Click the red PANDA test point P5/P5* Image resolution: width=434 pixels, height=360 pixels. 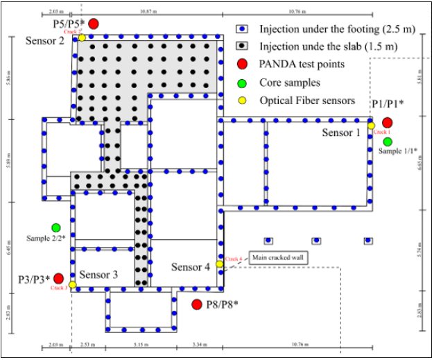pyautogui.click(x=94, y=24)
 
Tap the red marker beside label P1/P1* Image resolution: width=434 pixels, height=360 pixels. pyautogui.click(x=387, y=123)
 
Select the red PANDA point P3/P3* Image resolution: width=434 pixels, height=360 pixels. pyautogui.click(x=58, y=278)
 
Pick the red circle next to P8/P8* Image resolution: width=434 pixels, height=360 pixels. pyautogui.click(x=196, y=305)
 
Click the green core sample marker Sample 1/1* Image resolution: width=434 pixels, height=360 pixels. pyautogui.click(x=387, y=142)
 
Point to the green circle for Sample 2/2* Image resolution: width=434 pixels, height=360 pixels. pyautogui.click(x=55, y=228)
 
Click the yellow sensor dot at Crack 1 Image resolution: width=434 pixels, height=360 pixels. pyautogui.click(x=371, y=126)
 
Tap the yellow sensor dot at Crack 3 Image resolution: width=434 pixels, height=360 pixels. pyautogui.click(x=73, y=284)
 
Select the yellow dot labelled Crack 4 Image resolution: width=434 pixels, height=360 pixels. pyautogui.click(x=219, y=264)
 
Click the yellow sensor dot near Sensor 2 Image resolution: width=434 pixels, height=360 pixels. pyautogui.click(x=82, y=37)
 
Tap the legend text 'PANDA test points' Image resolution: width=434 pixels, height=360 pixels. pyautogui.click(x=302, y=65)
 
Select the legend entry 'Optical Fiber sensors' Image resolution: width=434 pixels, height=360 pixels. pyautogui.click(x=307, y=101)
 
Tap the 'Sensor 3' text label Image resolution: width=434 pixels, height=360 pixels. pyautogui.click(x=98, y=275)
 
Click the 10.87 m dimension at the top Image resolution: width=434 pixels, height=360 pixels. pyautogui.click(x=147, y=12)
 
